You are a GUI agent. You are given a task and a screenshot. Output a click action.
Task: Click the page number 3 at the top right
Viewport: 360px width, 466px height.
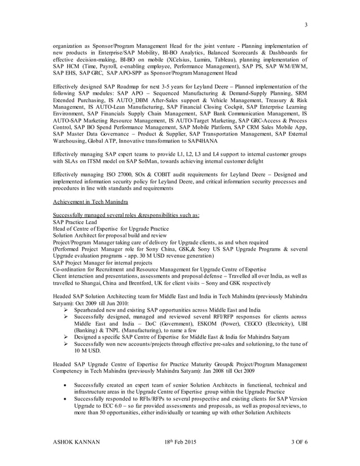[306, 24]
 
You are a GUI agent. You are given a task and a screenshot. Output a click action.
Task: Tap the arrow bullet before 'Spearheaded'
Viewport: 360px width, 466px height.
[67, 310]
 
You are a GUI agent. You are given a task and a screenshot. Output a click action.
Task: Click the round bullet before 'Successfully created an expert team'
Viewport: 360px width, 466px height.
[67, 385]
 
